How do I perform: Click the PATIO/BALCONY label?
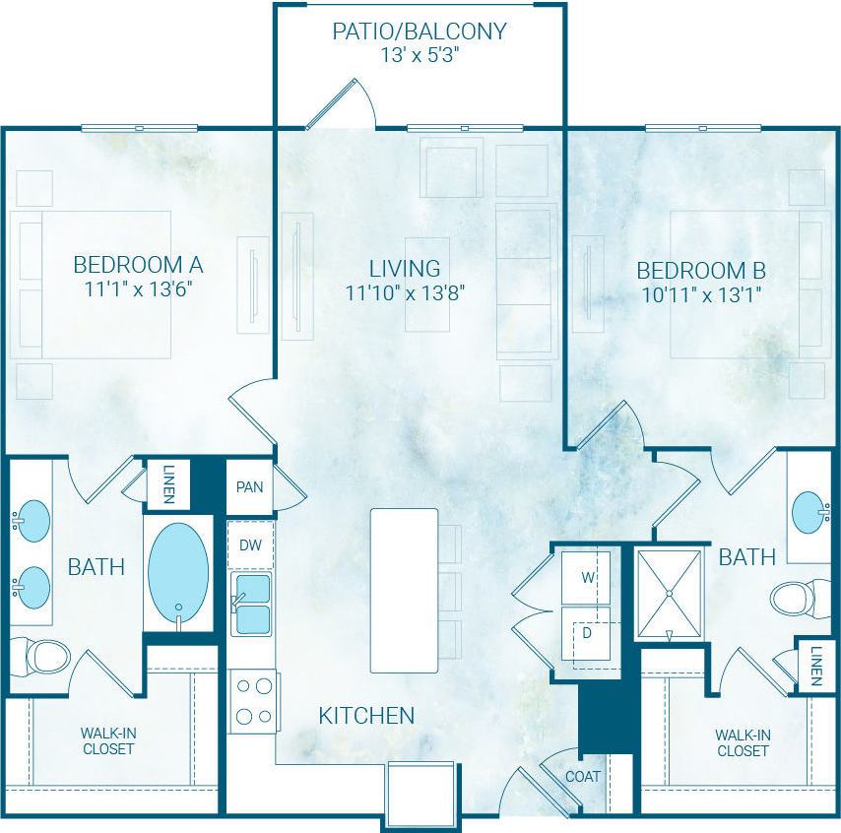420,31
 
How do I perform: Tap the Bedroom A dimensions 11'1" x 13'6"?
138,289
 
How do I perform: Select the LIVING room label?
405,268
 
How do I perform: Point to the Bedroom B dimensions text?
701,293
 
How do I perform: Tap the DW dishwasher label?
250,545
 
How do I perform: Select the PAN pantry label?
249,486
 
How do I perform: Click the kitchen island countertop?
404,590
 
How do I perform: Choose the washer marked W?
587,577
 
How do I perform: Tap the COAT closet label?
582,776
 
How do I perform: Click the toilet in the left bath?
39,655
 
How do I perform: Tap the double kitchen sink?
251,604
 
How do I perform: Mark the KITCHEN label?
366,716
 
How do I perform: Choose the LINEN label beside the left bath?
168,484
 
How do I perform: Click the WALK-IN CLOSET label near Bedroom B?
743,742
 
